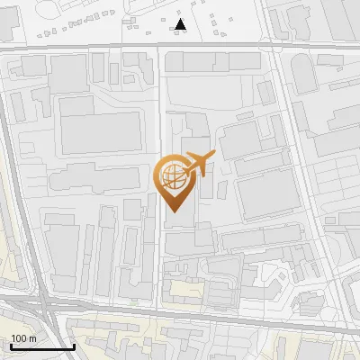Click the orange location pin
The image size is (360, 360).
[174, 180]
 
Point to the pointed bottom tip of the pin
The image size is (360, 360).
[174, 211]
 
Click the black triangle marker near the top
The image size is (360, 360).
[181, 24]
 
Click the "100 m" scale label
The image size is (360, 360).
[24, 338]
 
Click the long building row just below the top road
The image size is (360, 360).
[216, 61]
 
